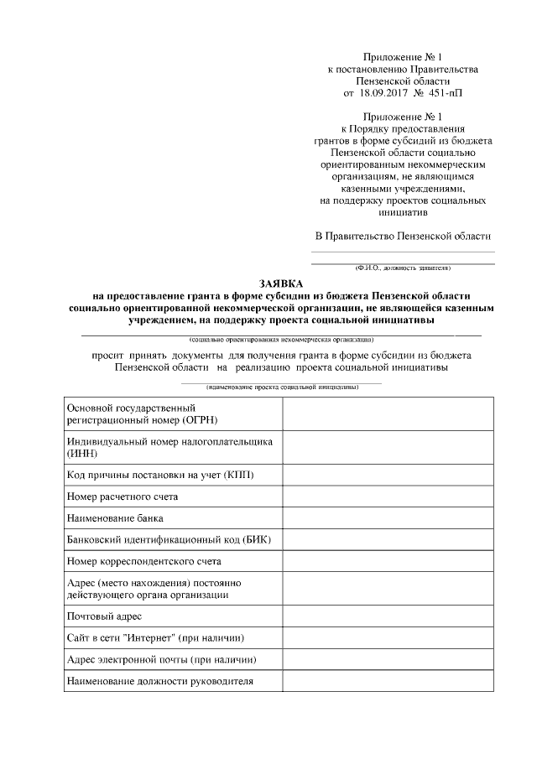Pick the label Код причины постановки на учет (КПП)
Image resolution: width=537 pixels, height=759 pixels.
pyautogui.click(x=160, y=475)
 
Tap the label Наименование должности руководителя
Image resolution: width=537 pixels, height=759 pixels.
pyautogui.click(x=159, y=681)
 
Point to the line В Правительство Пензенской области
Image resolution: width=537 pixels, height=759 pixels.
pyautogui.click(x=403, y=237)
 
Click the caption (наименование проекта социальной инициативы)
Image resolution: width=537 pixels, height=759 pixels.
pyautogui.click(x=282, y=387)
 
